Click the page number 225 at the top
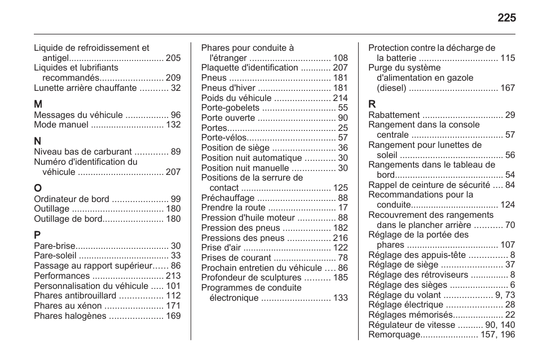(506, 18)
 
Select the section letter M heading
(38, 104)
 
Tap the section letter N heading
(38, 141)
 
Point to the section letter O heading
(38, 188)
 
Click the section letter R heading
(372, 104)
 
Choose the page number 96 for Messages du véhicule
(175, 115)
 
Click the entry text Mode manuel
(61, 125)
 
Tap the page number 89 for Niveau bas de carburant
(175, 152)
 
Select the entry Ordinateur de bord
(71, 199)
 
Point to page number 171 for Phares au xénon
(173, 306)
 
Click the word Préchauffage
(228, 198)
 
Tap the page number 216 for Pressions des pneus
(340, 238)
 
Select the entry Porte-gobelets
(230, 108)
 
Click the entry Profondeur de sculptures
(252, 278)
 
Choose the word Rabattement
(394, 115)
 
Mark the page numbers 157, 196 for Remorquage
(498, 335)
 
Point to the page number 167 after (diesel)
(508, 88)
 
